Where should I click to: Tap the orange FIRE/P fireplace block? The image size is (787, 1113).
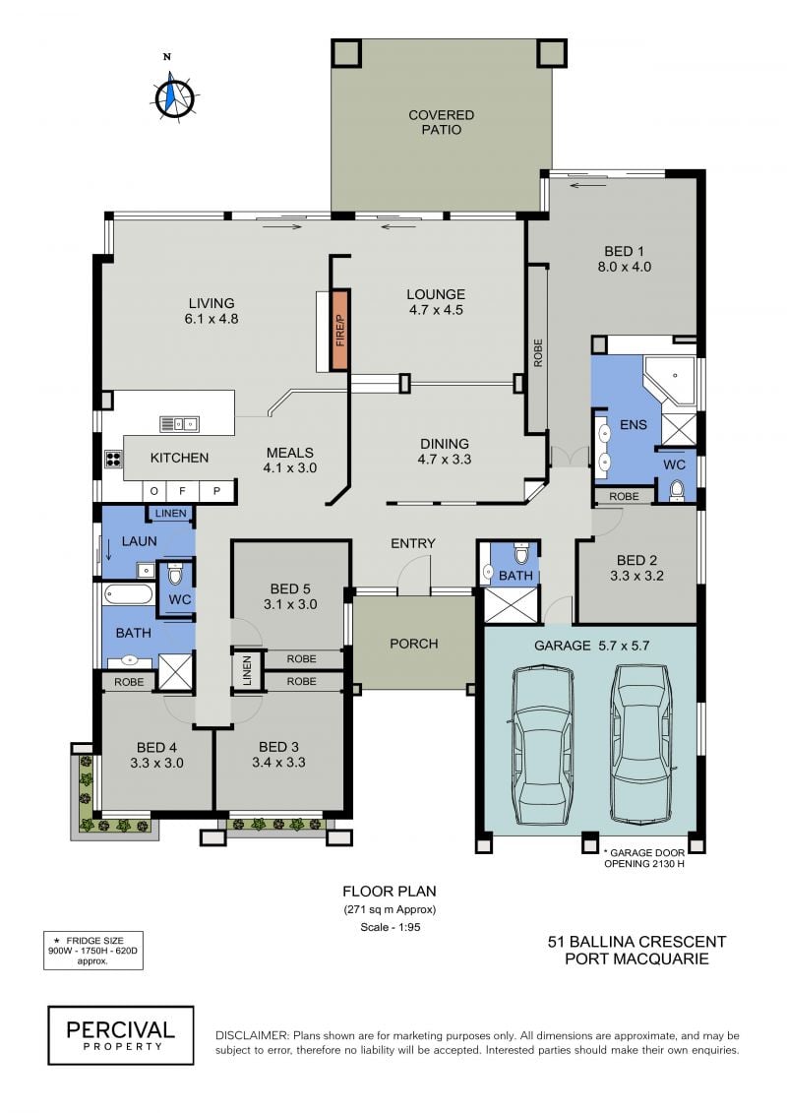click(x=340, y=330)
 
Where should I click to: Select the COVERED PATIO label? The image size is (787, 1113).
click(x=441, y=122)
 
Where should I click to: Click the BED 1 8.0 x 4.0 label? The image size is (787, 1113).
click(x=624, y=259)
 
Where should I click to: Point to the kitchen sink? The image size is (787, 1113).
click(x=179, y=424)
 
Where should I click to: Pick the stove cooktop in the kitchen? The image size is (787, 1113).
click(x=113, y=459)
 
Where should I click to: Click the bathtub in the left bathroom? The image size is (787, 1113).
click(x=128, y=594)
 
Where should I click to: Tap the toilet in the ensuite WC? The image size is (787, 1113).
click(x=676, y=489)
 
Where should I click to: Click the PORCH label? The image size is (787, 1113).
click(x=414, y=644)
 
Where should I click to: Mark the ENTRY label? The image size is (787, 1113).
click(x=413, y=543)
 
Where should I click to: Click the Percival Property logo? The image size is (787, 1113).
click(x=121, y=1035)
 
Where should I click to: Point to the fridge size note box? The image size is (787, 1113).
click(x=93, y=951)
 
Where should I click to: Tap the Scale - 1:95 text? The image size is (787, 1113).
click(x=391, y=927)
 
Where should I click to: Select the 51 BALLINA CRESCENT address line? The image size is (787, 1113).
click(x=636, y=942)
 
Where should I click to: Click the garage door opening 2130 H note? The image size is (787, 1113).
click(x=643, y=858)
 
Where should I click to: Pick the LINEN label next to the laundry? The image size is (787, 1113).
click(x=170, y=514)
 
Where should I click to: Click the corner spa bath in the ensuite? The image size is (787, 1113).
click(x=670, y=380)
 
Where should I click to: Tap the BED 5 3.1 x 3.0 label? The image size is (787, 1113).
click(x=289, y=596)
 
